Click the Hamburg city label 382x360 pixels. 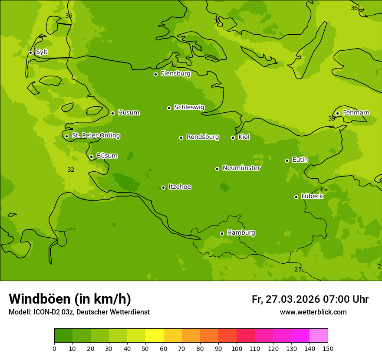(241, 233)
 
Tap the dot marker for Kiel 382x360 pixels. (233, 137)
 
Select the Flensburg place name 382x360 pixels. (175, 74)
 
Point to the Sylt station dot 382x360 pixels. (30, 52)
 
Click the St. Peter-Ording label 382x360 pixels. (95, 136)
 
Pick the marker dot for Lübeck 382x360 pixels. (296, 197)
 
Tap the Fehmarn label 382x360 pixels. (356, 113)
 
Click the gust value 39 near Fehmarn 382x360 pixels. (332, 118)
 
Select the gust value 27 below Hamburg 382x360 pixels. (298, 269)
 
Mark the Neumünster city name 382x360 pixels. (241, 168)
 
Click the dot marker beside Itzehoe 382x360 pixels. (163, 187)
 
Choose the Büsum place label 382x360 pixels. (107, 156)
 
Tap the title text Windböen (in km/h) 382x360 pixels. (70, 299)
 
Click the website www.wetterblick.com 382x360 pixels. (313, 312)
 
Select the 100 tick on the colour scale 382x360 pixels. (237, 348)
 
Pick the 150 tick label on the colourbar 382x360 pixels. (328, 348)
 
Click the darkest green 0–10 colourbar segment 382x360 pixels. (63, 336)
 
